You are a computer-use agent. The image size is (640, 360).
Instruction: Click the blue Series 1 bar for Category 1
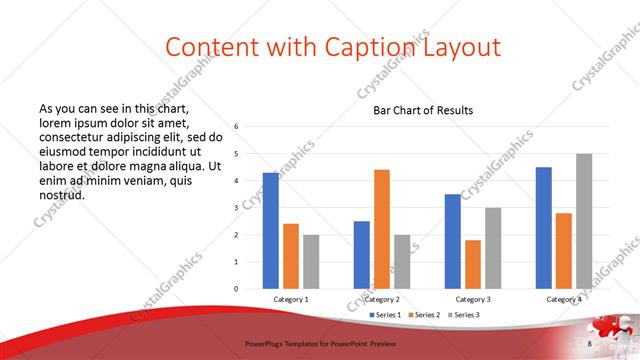pos(271,231)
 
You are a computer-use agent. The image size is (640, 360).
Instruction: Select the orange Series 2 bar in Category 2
pos(382,229)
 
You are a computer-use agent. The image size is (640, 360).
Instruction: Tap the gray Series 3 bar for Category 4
pos(584,221)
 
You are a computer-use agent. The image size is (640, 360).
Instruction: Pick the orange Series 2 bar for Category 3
pos(473,264)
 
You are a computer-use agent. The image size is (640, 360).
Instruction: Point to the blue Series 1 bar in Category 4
pos(544,228)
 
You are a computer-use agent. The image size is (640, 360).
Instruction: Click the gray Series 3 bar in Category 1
pos(311,262)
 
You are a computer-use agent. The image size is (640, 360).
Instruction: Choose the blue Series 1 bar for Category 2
pos(362,255)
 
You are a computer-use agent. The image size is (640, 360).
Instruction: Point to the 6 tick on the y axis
pos(236,127)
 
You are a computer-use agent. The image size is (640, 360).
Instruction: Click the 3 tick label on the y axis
pos(236,208)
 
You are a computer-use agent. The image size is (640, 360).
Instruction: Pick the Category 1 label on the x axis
pos(291,299)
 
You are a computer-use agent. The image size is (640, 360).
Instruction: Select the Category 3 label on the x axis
pos(473,299)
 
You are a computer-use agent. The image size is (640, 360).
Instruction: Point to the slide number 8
pos(590,344)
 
